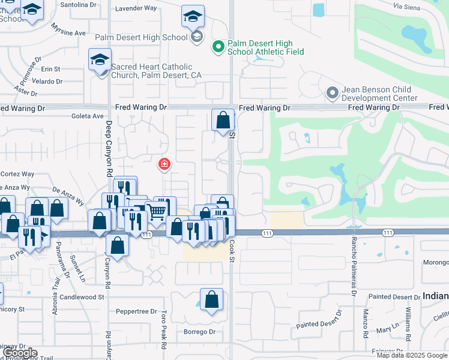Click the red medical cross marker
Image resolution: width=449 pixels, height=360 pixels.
(163, 164)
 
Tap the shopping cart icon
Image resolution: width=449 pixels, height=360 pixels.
(156, 211)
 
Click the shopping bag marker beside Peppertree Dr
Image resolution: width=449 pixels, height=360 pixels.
(211, 299)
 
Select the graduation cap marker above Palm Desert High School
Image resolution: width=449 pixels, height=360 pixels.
(193, 16)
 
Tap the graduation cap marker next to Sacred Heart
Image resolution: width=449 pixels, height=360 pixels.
(100, 59)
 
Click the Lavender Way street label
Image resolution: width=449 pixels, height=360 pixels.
(136, 8)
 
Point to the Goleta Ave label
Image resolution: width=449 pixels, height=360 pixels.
(88, 116)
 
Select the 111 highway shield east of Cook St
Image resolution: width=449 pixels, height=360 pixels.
(388, 232)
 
